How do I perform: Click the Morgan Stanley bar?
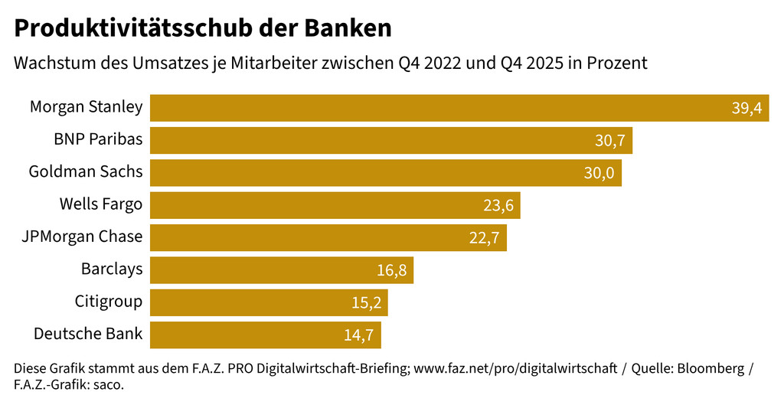click(459, 108)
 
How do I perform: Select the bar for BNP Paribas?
click(390, 141)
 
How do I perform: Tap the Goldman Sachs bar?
click(385, 173)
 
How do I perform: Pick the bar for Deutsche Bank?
click(265, 335)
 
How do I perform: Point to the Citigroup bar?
click(269, 302)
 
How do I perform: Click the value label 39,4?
click(746, 109)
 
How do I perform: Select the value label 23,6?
click(498, 205)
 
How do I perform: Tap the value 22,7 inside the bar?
click(484, 238)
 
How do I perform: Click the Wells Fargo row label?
click(101, 204)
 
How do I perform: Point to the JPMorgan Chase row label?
click(83, 237)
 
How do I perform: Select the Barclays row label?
click(112, 269)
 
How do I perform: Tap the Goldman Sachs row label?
click(86, 171)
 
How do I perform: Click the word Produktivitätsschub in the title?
click(139, 28)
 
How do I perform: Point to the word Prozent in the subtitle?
click(617, 64)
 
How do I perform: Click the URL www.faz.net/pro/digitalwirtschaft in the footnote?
click(515, 369)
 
